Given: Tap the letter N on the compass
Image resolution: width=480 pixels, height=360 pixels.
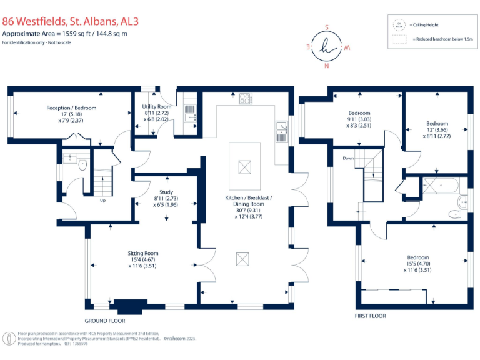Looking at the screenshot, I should click(326, 64).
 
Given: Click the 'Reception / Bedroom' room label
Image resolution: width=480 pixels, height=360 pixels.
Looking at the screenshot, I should click(71, 107).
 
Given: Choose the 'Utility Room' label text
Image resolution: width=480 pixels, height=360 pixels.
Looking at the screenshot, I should click(156, 107).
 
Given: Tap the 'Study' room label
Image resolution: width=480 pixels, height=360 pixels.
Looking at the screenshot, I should click(166, 192).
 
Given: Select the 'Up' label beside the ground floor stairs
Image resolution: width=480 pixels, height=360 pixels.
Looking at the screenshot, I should click(103, 201).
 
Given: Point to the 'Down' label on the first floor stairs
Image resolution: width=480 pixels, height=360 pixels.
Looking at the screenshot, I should click(348, 158).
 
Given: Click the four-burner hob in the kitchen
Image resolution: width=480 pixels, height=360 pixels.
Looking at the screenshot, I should click(245, 98).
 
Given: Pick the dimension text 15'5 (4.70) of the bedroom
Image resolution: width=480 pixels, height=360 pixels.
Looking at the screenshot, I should click(418, 264).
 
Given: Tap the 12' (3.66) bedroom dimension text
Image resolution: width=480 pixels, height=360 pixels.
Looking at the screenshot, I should click(437, 129).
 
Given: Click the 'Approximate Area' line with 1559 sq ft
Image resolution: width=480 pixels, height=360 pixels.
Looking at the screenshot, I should click(64, 33).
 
